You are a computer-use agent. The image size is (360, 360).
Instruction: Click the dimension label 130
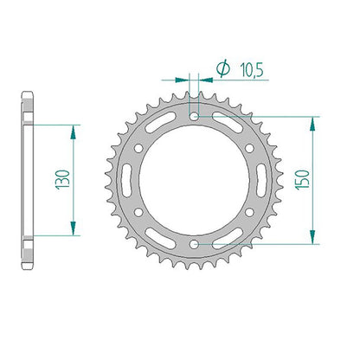point(63,179)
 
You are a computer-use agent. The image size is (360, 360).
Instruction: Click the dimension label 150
point(302,179)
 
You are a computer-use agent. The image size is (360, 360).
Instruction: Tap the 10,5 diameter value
point(252,70)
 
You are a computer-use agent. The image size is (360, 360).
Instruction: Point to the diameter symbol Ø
point(223,69)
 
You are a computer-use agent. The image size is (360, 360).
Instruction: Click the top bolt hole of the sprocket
point(194,117)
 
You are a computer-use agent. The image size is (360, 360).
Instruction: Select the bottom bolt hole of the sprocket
point(194,244)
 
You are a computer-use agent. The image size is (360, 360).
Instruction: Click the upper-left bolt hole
point(138,149)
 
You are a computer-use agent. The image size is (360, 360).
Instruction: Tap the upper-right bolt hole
point(249,149)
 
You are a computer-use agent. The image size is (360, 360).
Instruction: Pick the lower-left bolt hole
point(138,213)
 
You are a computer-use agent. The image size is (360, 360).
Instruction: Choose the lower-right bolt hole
point(249,213)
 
